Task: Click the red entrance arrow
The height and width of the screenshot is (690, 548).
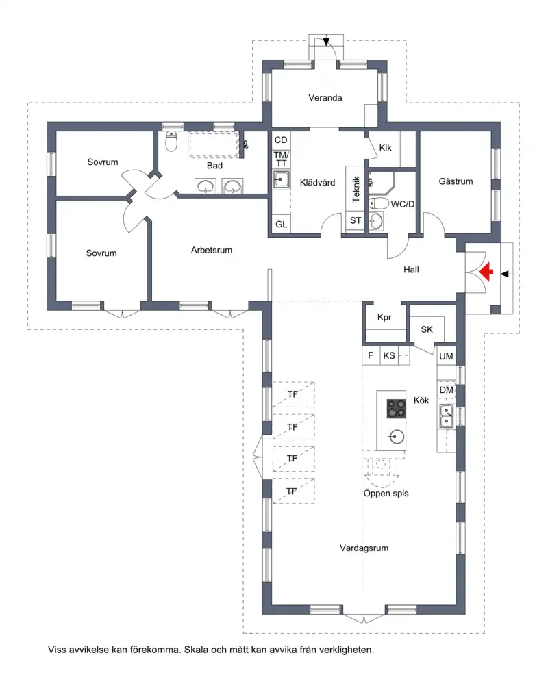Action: pyautogui.click(x=486, y=272)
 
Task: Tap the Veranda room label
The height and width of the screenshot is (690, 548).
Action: pyautogui.click(x=325, y=98)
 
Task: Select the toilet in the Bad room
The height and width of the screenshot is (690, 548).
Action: pyautogui.click(x=171, y=141)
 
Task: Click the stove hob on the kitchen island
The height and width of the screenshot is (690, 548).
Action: pyautogui.click(x=397, y=409)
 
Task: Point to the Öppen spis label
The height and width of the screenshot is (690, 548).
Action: pyautogui.click(x=386, y=494)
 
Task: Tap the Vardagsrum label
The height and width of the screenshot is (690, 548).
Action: pyautogui.click(x=364, y=548)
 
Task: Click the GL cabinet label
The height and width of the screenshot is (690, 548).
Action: pyautogui.click(x=281, y=225)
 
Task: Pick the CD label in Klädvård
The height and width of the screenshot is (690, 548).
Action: pyautogui.click(x=281, y=140)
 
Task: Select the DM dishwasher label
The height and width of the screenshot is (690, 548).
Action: pyautogui.click(x=446, y=390)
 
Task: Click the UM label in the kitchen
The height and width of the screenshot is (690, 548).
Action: pyautogui.click(x=446, y=357)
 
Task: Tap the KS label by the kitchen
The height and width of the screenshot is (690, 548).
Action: pyautogui.click(x=389, y=355)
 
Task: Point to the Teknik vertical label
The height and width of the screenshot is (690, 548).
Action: pyautogui.click(x=356, y=189)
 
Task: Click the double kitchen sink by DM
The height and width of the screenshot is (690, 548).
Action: pyautogui.click(x=447, y=416)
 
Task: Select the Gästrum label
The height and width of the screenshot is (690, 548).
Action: pyautogui.click(x=456, y=181)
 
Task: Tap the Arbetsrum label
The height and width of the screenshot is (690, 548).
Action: pyautogui.click(x=212, y=250)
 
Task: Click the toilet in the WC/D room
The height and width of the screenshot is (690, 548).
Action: pyautogui.click(x=379, y=203)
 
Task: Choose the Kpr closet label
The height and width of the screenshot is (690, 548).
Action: pyautogui.click(x=384, y=318)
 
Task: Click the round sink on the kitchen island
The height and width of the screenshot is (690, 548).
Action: pyautogui.click(x=396, y=437)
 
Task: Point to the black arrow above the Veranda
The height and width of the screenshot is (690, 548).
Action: pyautogui.click(x=326, y=40)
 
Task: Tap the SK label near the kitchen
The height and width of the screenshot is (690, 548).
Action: pyautogui.click(x=427, y=329)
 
